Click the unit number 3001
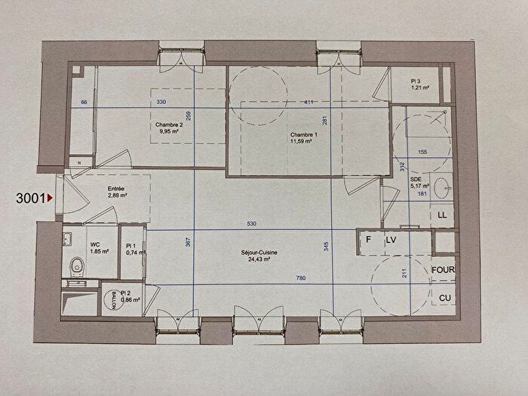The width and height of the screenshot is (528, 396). tap(30, 198)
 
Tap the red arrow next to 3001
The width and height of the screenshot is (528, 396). tap(50, 198)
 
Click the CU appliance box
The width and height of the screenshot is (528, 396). tap(444, 299)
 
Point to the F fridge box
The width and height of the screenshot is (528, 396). tap(369, 241)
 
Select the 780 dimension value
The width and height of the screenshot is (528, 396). tap(300, 279)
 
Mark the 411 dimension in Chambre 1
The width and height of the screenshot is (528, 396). tap(309, 102)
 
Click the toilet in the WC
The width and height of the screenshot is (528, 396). tap(76, 266)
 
